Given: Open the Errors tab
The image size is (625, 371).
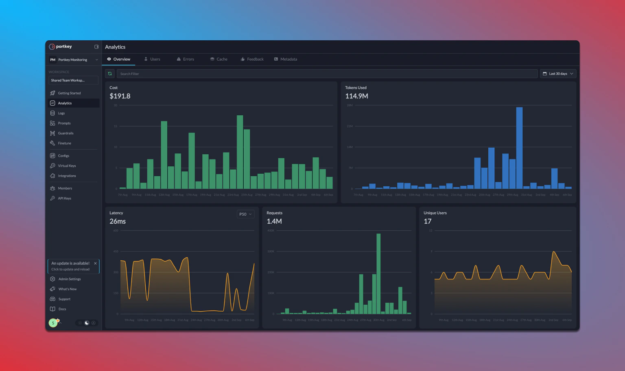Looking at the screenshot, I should [x=186, y=59].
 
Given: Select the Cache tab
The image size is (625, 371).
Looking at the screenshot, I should [x=219, y=59].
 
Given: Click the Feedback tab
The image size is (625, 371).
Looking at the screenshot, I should [x=252, y=59].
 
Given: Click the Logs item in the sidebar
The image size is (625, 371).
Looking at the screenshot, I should [x=61, y=113].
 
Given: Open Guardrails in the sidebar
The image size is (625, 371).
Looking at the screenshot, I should [x=66, y=133].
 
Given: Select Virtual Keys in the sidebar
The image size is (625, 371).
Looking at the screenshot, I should [x=67, y=166].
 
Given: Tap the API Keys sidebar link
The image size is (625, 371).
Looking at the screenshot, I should [x=64, y=199].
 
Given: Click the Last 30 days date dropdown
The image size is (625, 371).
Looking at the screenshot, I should [x=558, y=74].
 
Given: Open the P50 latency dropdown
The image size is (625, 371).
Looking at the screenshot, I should [x=245, y=214].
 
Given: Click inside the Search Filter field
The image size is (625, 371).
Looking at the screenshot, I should [x=326, y=74].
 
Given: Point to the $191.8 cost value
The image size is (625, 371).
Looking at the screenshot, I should [x=120, y=96].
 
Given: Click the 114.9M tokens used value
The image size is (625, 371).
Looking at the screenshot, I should [x=356, y=96].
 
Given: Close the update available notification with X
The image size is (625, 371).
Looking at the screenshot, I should [x=95, y=263].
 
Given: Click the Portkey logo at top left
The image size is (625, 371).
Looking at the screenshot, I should [x=61, y=47].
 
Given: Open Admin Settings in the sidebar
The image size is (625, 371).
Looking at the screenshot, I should [x=69, y=279].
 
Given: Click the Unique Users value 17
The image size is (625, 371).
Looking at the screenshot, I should [x=427, y=221].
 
